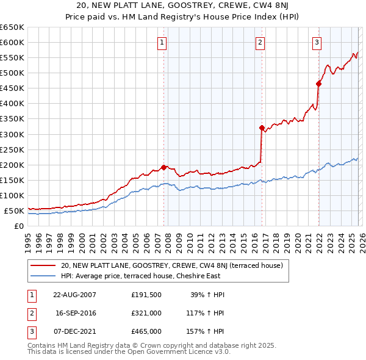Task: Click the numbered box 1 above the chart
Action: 162,42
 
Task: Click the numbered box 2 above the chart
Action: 260,42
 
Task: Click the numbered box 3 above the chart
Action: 317,42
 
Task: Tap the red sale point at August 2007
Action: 163,167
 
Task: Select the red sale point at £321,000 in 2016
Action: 262,128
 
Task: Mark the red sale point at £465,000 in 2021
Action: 318,84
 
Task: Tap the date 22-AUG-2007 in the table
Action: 75,295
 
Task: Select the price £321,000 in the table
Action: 146,313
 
